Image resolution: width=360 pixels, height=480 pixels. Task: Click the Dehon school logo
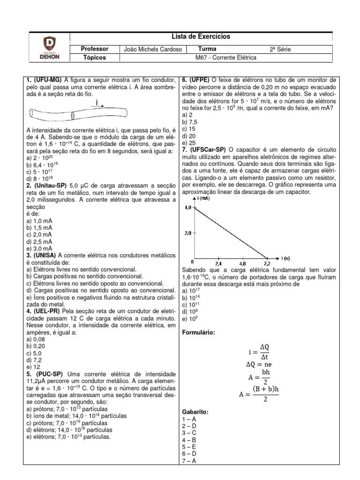[49, 47]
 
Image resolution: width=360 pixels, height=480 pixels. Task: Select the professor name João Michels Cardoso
[152, 49]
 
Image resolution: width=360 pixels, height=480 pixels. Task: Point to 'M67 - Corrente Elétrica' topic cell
[226, 58]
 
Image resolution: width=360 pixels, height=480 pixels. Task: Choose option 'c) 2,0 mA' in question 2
[39, 234]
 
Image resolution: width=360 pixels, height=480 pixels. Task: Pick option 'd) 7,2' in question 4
[35, 360]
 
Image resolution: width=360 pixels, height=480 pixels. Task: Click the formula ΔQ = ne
[259, 364]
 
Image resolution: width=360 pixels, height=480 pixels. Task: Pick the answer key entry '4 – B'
[189, 440]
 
